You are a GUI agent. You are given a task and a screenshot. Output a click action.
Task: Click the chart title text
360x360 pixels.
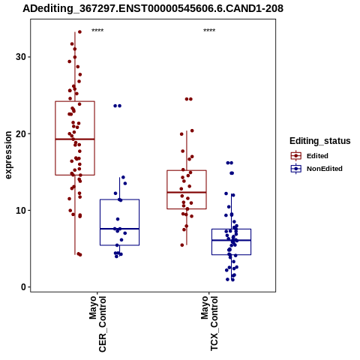pyautogui.click(x=153, y=8)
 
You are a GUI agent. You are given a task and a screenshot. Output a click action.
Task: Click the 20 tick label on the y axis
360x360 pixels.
pyautogui.click(x=21, y=133)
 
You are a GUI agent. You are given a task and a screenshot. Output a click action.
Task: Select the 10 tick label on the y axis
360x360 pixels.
pyautogui.click(x=21, y=211)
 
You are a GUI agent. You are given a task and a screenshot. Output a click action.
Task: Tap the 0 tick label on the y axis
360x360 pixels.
pyautogui.click(x=24, y=287)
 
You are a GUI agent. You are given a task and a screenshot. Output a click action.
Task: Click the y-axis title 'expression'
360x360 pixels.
pyautogui.click(x=8, y=155)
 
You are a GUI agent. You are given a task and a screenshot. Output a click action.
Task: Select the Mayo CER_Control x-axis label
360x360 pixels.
pyautogui.click(x=97, y=324)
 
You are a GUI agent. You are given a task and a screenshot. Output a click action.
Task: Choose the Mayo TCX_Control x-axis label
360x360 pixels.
pyautogui.click(x=209, y=323)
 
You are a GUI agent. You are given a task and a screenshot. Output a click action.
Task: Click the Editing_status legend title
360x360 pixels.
pyautogui.click(x=320, y=141)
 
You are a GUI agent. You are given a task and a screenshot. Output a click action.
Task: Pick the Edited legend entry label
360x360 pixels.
pyautogui.click(x=317, y=156)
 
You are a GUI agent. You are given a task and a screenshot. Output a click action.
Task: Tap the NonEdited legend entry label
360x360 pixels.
pyautogui.click(x=325, y=169)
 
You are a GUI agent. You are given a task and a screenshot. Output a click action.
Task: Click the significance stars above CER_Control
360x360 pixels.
pyautogui.click(x=97, y=31)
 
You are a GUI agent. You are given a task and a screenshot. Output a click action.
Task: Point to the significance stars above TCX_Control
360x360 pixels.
pyautogui.click(x=209, y=31)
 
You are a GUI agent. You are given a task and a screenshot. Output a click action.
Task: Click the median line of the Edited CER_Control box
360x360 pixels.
pyautogui.click(x=75, y=139)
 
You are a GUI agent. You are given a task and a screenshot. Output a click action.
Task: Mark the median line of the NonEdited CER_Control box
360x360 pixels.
pyautogui.click(x=119, y=229)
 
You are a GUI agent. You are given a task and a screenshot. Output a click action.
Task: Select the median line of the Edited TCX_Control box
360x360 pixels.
pyautogui.click(x=187, y=192)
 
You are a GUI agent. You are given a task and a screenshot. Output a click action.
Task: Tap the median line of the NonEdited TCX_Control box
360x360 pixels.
pyautogui.click(x=231, y=240)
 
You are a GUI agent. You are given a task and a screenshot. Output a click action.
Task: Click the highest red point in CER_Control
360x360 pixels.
pyautogui.click(x=79, y=31)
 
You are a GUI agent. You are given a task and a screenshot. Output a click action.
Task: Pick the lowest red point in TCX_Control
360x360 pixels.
pyautogui.click(x=182, y=245)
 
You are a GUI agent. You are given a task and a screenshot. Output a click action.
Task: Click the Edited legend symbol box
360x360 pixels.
pyautogui.click(x=296, y=156)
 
